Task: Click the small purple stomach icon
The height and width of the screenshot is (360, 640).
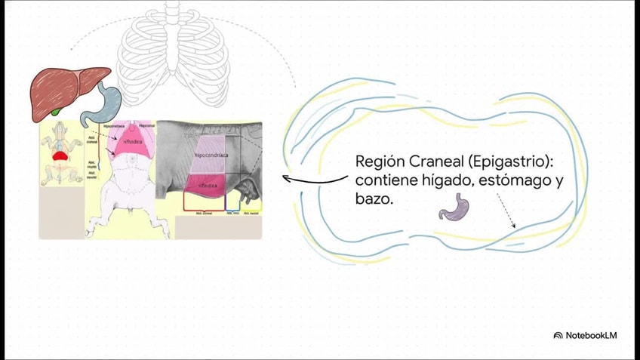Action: [454, 207]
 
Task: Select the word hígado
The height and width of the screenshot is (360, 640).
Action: [460, 182]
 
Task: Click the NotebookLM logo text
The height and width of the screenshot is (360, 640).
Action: [590, 335]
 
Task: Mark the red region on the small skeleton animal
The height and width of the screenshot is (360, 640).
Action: [60, 155]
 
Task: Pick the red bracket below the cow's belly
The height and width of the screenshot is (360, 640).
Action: [203, 208]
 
